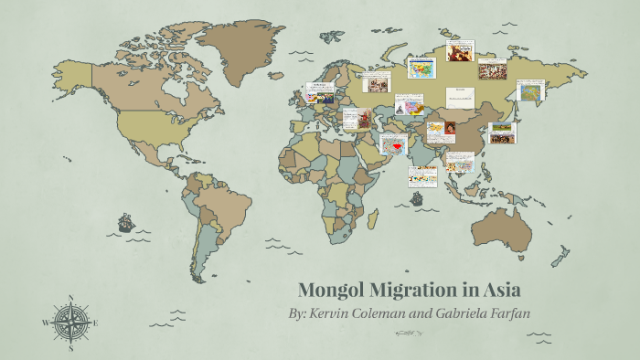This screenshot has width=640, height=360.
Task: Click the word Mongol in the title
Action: [x=331, y=291]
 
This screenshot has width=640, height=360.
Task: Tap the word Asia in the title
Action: [x=499, y=291]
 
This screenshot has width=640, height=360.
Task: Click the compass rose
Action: [x=70, y=323]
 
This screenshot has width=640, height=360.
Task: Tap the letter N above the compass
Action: [x=70, y=299]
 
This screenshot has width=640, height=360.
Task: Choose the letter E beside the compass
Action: [x=95, y=323]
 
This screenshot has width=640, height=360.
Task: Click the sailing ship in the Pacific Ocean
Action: [x=126, y=222]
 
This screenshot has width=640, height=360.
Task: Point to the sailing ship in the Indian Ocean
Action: [x=417, y=197]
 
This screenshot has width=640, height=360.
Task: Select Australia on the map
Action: [x=506, y=228]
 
